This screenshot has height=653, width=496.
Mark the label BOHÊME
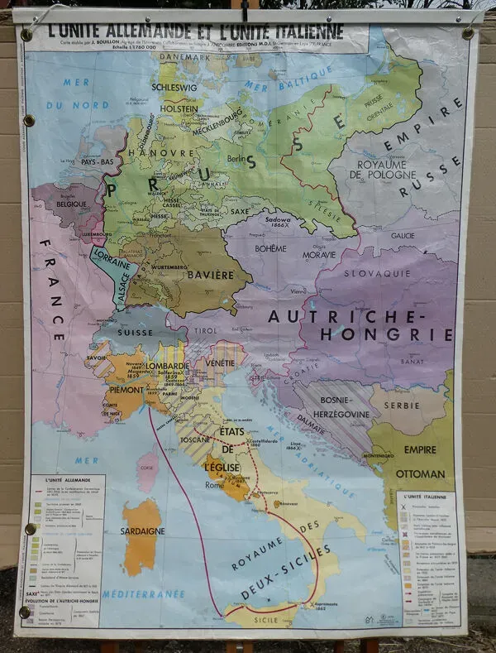coord(271,248)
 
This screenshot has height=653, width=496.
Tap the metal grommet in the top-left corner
coord(26,35)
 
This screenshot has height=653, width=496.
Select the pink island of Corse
coord(148,470)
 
